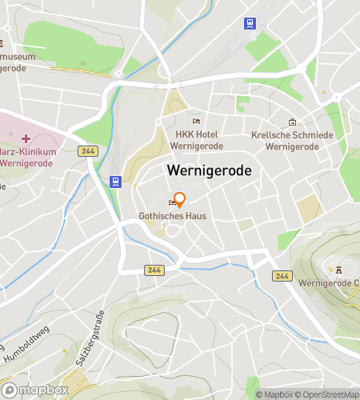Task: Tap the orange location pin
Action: tap(180, 201)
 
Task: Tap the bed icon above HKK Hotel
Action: tap(197, 121)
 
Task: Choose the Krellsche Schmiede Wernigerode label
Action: tap(292, 141)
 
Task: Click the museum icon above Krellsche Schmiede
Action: tap(293, 122)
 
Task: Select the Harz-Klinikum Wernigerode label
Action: tap(27, 158)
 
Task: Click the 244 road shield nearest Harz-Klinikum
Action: tap(88, 151)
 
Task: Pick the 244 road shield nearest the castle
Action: tap(282, 275)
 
